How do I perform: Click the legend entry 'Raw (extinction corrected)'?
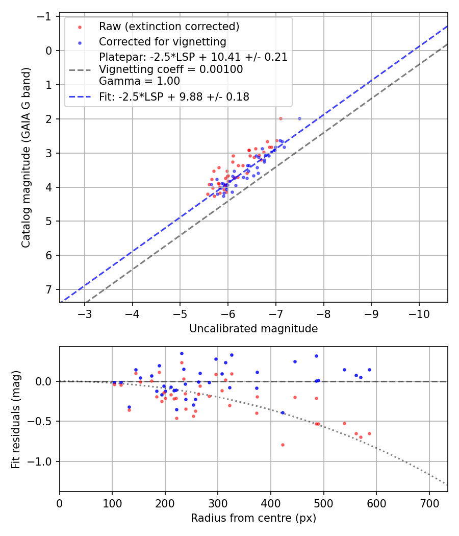pos(169,27)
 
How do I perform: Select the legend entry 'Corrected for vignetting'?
pos(163,41)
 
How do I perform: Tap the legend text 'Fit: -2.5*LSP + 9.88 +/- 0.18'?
pos(174,96)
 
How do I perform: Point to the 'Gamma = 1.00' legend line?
pos(139,81)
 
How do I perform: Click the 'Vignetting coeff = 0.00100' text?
pos(171,69)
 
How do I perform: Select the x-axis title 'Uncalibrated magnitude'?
pos(253,329)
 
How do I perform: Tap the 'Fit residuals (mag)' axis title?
pos(16,419)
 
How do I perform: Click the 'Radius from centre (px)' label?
pos(253,518)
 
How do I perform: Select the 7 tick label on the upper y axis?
pos(49,289)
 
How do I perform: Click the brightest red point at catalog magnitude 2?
pos(280,118)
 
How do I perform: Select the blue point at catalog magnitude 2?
pos(299,118)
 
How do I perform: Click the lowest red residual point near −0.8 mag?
pos(283,445)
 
